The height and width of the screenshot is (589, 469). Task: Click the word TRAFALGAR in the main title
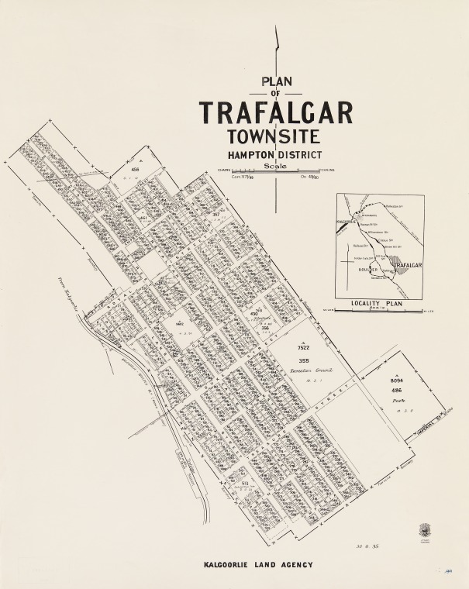(277, 112)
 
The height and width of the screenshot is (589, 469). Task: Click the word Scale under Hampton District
(276, 165)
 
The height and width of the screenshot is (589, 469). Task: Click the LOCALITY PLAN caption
(378, 304)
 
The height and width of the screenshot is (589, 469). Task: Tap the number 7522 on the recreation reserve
(303, 350)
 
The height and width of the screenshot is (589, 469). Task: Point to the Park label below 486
(397, 403)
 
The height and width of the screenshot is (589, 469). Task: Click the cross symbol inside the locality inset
(347, 263)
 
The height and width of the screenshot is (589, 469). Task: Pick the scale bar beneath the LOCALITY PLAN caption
(379, 312)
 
